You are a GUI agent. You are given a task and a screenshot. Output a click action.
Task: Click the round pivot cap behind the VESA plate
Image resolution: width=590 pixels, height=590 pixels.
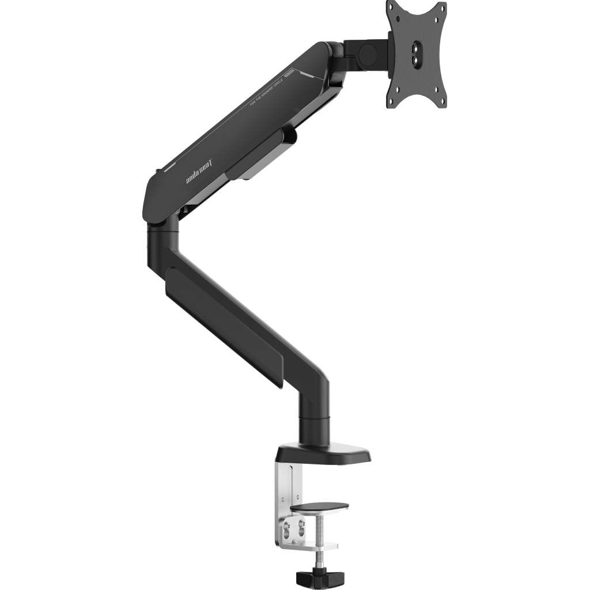coord(367,53)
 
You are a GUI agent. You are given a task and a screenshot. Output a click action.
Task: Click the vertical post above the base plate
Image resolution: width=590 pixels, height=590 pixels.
coord(314,418)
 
